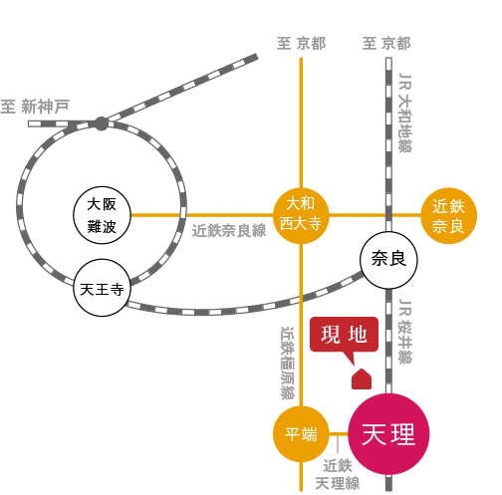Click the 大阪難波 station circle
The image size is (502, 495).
pyautogui.click(x=102, y=215)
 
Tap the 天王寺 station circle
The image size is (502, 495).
pyautogui.click(x=102, y=288)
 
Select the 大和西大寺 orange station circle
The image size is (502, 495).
pyautogui.click(x=301, y=215)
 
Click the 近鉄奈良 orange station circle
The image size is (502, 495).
pyautogui.click(x=449, y=216)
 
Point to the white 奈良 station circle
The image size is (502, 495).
pyautogui.click(x=388, y=260)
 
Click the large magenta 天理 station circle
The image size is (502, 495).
pyautogui.click(x=388, y=434)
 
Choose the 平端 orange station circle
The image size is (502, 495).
pyautogui.click(x=301, y=434)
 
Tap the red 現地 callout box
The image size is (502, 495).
pyautogui.click(x=345, y=335)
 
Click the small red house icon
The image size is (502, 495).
pyautogui.click(x=362, y=378)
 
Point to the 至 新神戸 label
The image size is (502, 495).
pyautogui.click(x=35, y=107)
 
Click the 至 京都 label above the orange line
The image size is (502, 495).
pyautogui.click(x=302, y=44)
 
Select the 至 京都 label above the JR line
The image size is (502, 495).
pyautogui.click(x=386, y=44)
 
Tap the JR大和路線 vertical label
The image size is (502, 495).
pyautogui.click(x=405, y=113)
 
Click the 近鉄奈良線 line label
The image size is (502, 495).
pyautogui.click(x=229, y=230)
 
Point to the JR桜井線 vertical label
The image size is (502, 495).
pyautogui.click(x=405, y=331)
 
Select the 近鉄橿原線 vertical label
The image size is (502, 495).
pyautogui.click(x=288, y=363)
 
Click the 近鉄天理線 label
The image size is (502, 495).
pyautogui.click(x=338, y=475)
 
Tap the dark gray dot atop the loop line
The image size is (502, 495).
pyautogui.click(x=102, y=124)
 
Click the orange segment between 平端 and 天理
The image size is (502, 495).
pyautogui.click(x=339, y=433)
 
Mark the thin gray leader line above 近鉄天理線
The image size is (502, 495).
pyautogui.click(x=338, y=444)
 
